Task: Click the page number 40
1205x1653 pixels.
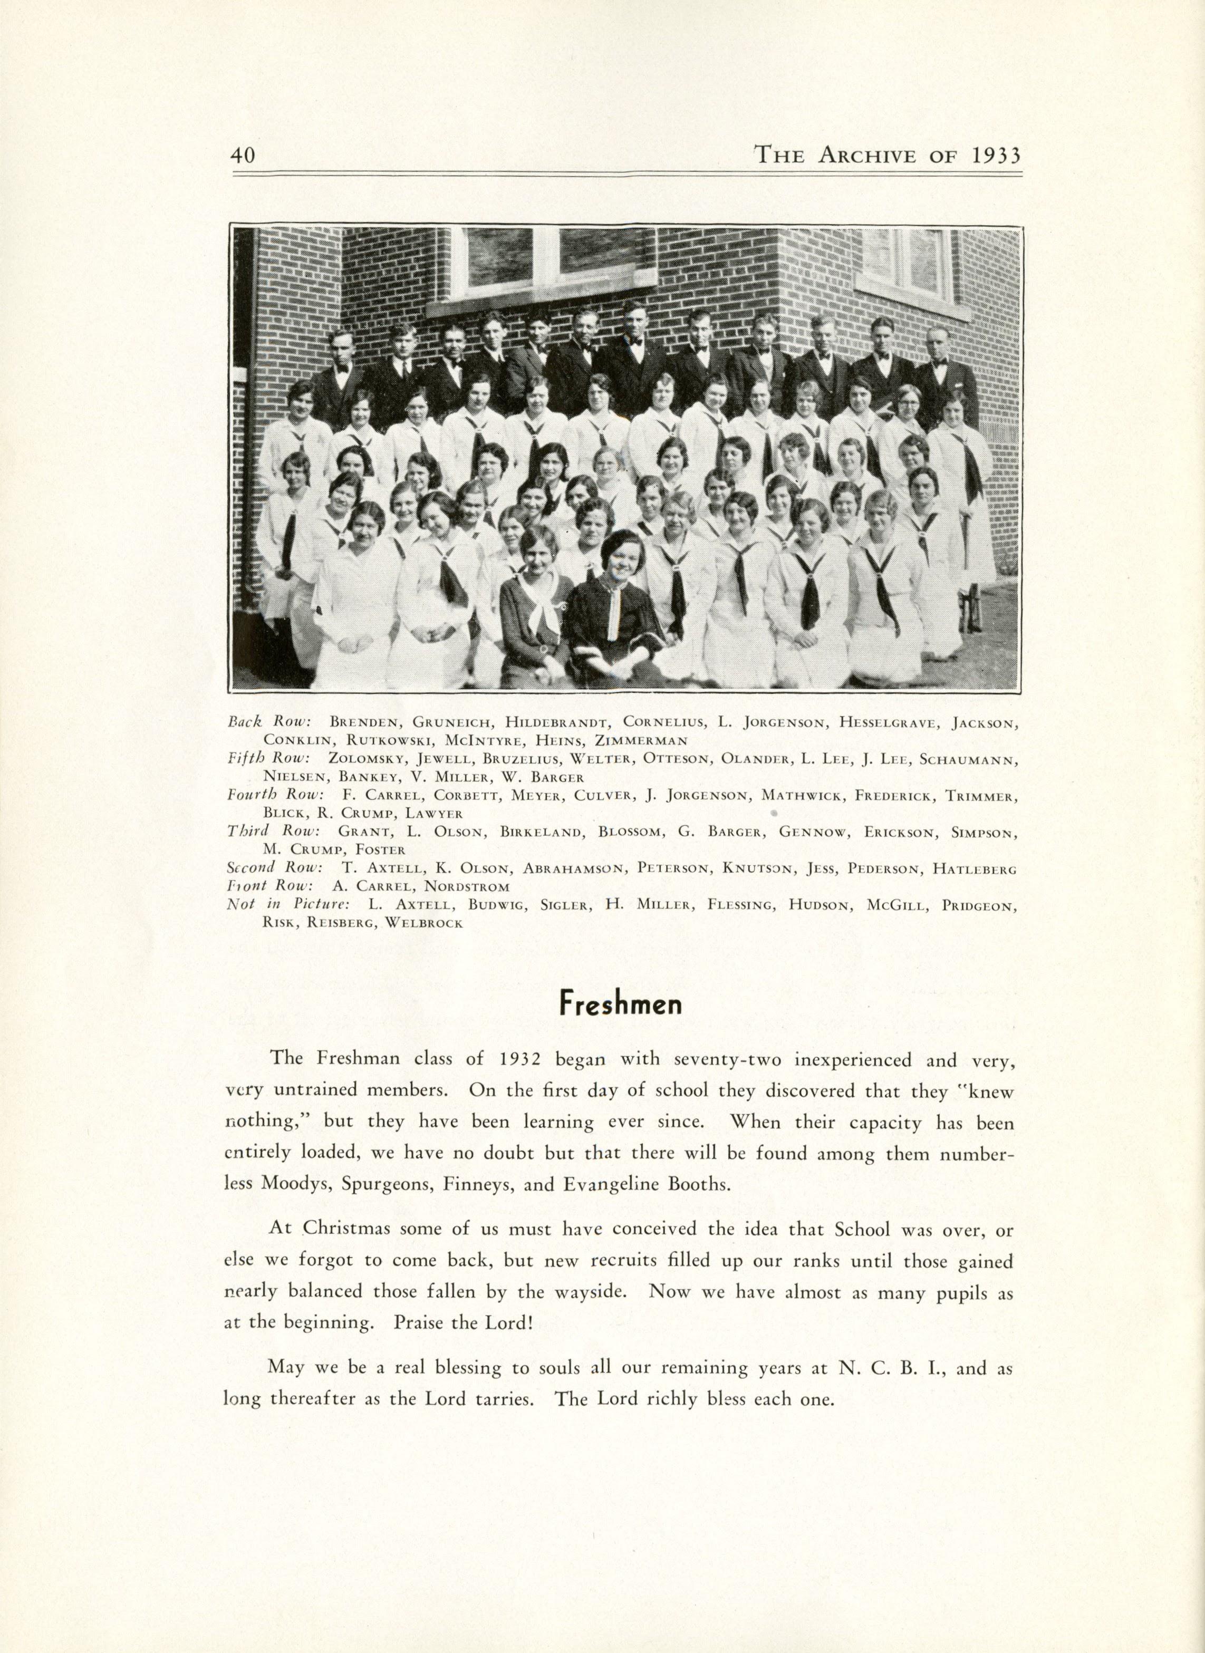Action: (242, 156)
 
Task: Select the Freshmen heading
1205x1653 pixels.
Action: (620, 1005)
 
